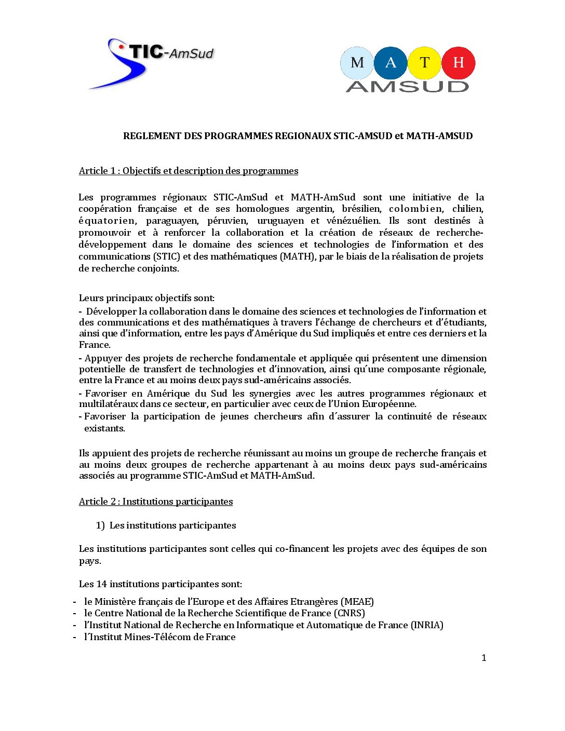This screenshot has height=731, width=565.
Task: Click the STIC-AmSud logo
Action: pyautogui.click(x=151, y=62)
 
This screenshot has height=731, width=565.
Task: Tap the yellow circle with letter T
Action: pyautogui.click(x=424, y=63)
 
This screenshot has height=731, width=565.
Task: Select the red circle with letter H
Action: pyautogui.click(x=458, y=63)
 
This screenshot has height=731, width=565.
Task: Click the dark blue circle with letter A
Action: pyautogui.click(x=391, y=63)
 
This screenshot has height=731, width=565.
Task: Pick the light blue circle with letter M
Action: pyautogui.click(x=357, y=63)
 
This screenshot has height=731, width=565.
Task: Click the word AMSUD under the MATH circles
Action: pyautogui.click(x=407, y=87)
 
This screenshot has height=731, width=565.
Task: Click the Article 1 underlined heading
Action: pyautogui.click(x=189, y=171)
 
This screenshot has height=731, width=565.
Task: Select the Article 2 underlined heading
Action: pyautogui.click(x=156, y=502)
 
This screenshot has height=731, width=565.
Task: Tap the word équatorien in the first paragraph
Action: pyautogui.click(x=107, y=221)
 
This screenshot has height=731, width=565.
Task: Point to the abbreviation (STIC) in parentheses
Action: pyautogui.click(x=166, y=256)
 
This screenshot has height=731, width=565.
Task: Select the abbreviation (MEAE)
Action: pyautogui.click(x=357, y=602)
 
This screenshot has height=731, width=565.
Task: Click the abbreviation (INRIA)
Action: pyautogui.click(x=427, y=625)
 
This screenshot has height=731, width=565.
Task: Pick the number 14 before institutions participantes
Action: pyautogui.click(x=101, y=584)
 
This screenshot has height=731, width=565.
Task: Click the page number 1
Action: pyautogui.click(x=484, y=658)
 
